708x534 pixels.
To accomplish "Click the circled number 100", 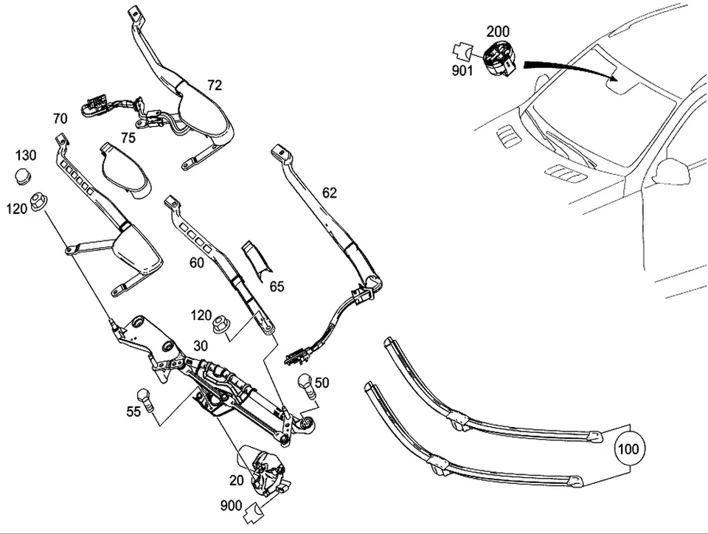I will click(x=628, y=448).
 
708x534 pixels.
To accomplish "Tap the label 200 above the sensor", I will click(x=498, y=32).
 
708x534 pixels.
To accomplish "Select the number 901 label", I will click(x=462, y=71).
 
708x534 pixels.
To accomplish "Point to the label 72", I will click(x=214, y=86).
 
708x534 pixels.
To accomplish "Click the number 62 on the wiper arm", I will click(x=329, y=193).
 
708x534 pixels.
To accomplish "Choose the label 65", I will click(x=276, y=287).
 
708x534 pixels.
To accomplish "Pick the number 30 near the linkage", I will click(x=201, y=346).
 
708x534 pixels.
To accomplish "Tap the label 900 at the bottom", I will click(x=231, y=505).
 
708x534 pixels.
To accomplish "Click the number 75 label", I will click(x=128, y=137).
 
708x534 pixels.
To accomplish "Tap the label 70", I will click(x=60, y=118).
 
